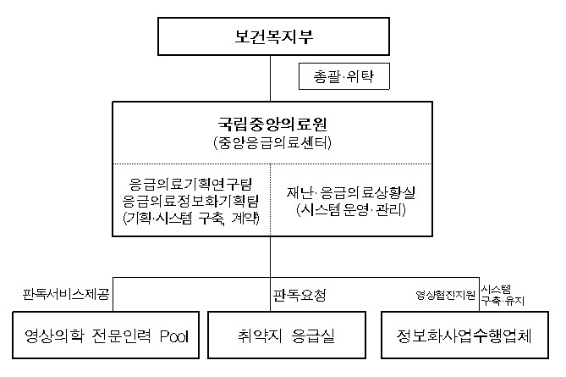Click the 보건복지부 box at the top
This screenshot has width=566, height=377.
click(x=273, y=36)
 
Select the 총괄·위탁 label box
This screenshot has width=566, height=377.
click(x=344, y=76)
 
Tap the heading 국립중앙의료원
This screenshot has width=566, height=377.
click(x=272, y=124)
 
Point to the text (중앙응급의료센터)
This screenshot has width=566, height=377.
click(x=272, y=143)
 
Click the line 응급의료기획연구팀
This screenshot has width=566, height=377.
click(x=190, y=184)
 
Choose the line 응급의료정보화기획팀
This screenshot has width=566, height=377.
click(x=190, y=201)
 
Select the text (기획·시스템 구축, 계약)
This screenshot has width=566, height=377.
click(x=191, y=218)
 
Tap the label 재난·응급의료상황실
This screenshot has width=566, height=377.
click(x=351, y=192)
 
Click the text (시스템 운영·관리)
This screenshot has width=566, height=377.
click(x=351, y=209)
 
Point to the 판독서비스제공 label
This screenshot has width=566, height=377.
click(x=66, y=294)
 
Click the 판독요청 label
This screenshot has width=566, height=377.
click(x=299, y=295)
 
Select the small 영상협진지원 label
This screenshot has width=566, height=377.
click(x=445, y=296)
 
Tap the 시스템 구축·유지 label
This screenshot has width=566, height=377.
click(x=503, y=295)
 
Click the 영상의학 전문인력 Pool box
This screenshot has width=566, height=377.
click(x=106, y=335)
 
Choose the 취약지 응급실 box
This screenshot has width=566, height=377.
click(x=287, y=335)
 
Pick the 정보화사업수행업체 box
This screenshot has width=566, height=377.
click(x=464, y=335)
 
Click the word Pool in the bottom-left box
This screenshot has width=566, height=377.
click(x=174, y=335)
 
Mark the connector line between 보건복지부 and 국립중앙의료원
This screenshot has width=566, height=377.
click(x=271, y=79)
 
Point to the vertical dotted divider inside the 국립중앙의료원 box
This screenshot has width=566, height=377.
click(x=271, y=200)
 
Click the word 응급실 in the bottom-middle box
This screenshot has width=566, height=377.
click(x=313, y=335)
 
